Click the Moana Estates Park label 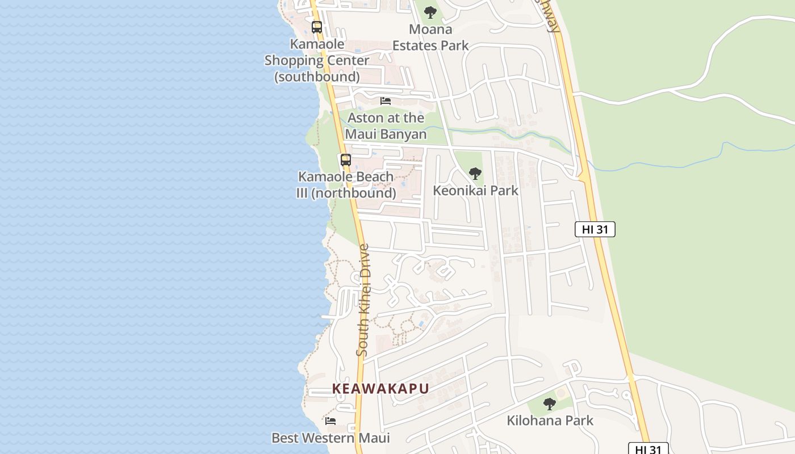coord(430,37)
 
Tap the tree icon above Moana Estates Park coord(430,12)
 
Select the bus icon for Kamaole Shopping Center coord(317,27)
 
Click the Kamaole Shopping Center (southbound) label coord(317,60)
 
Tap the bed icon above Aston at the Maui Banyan coord(386,101)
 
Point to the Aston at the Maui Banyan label coord(386,126)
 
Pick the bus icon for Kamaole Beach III coord(346,160)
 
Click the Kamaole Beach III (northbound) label coord(346,185)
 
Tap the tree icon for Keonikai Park coord(475,174)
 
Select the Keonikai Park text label coord(475,191)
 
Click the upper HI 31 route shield coord(595,229)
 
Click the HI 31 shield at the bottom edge coord(648,449)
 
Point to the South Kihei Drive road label coord(363,300)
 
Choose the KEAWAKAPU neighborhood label coord(380,389)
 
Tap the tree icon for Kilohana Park coord(549,404)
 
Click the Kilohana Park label coord(550,421)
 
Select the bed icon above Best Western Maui coord(330,421)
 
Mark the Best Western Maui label coord(330,438)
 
